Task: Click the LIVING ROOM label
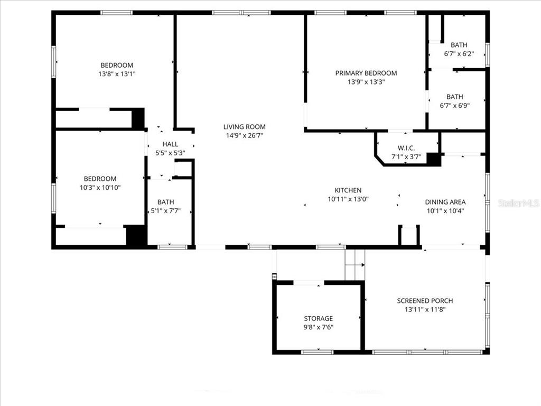[244, 127]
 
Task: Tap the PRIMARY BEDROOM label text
[366, 73]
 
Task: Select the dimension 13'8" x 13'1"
[117, 74]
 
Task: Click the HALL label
[170, 144]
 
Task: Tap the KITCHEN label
[348, 190]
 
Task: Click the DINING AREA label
[445, 202]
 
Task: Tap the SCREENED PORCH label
[425, 301]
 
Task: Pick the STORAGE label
[318, 318]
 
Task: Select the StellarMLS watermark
[518, 203]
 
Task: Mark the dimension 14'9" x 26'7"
[244, 135]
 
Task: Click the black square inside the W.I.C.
[433, 159]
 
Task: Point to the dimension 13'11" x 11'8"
[425, 309]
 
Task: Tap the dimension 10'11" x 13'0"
[348, 199]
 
